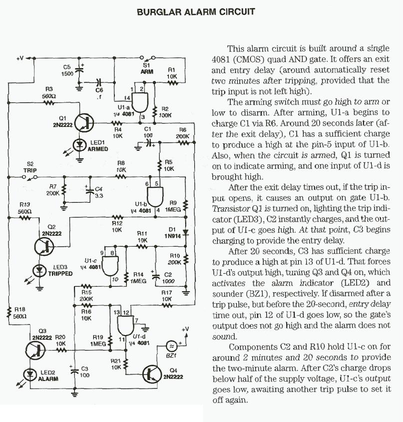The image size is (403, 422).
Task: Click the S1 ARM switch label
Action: click(147, 68)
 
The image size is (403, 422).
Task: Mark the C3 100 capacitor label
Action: click(84, 371)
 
